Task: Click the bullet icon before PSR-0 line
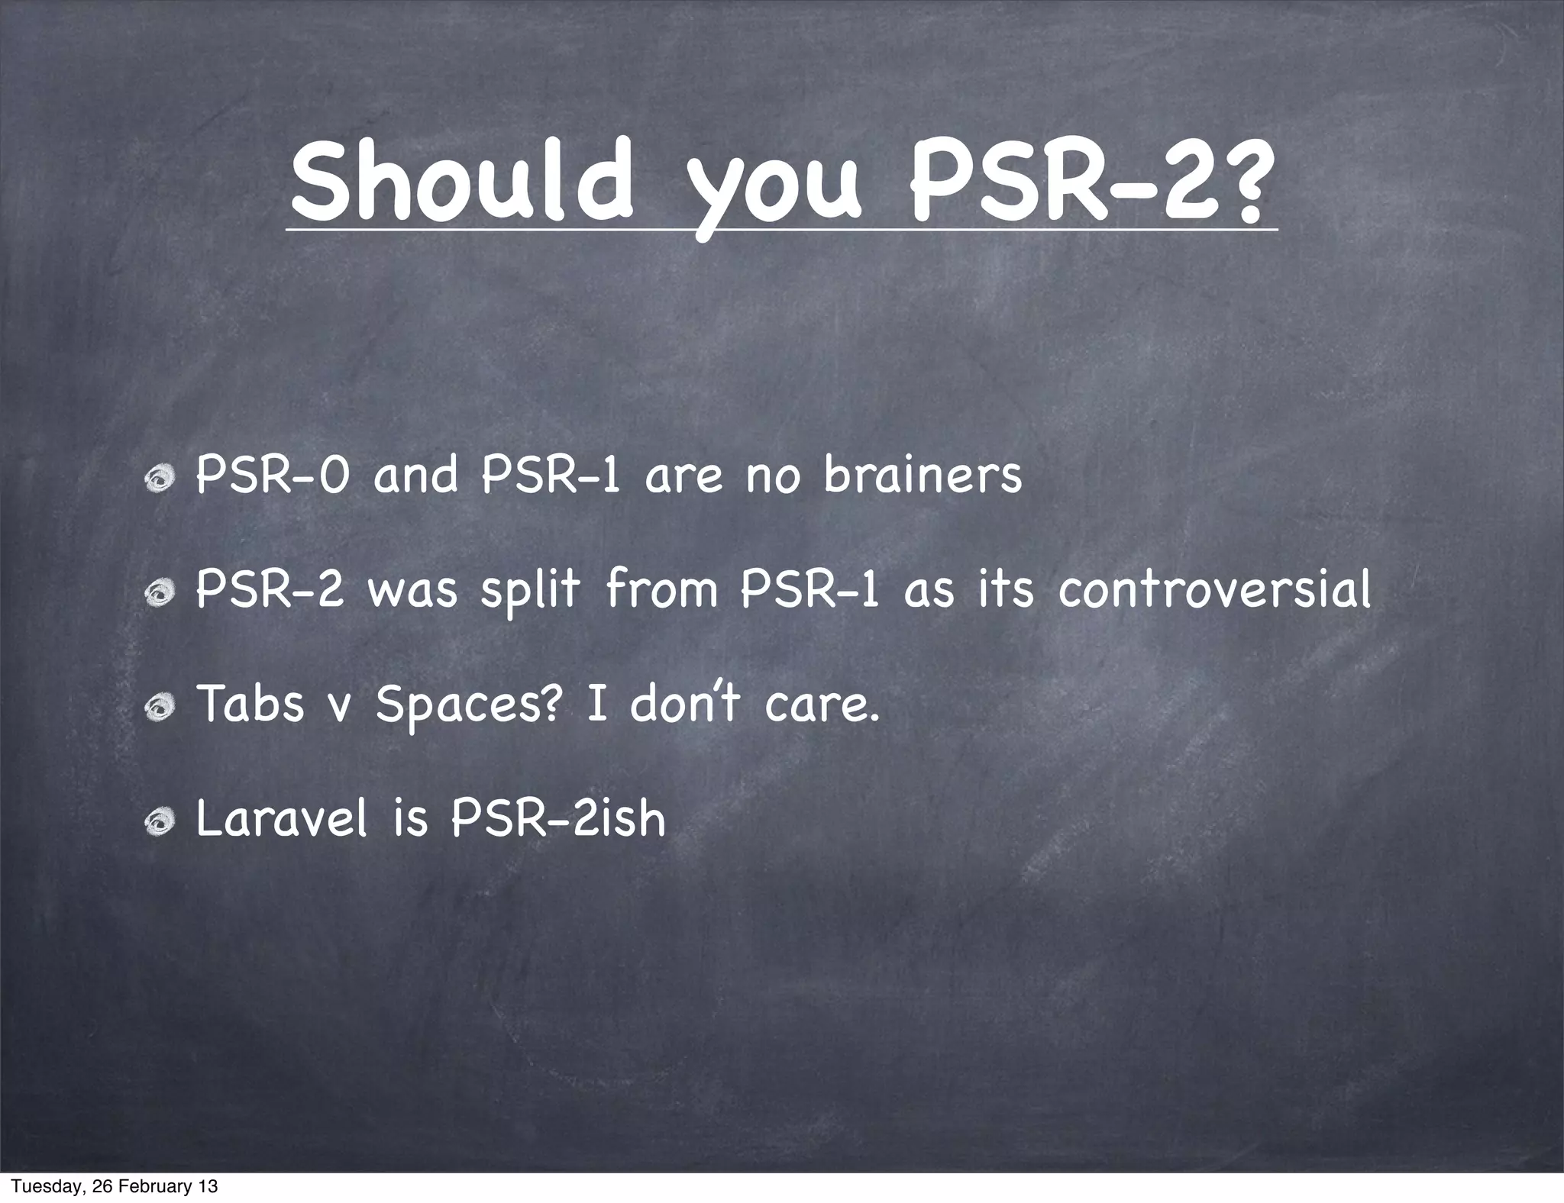[x=161, y=479]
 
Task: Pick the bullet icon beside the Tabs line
[x=161, y=708]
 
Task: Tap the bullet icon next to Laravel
[x=161, y=822]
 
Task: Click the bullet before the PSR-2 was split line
[x=161, y=593]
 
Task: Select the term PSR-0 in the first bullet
[x=273, y=475]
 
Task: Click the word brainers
[x=923, y=475]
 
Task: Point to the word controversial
[x=1214, y=589]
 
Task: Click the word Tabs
[x=250, y=704]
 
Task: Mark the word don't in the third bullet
[x=684, y=704]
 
